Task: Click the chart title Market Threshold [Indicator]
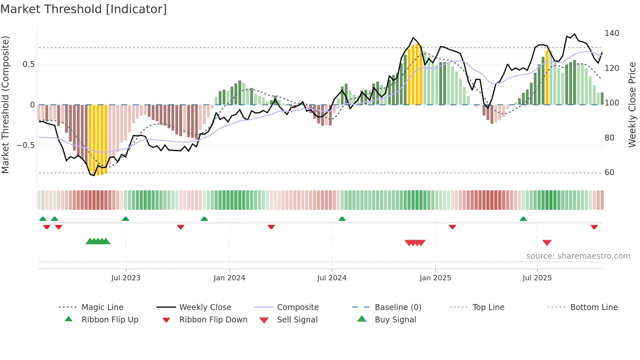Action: coord(84,9)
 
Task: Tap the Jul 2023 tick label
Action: coord(126,278)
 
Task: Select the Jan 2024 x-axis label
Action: coord(229,278)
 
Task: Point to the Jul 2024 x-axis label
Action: coord(332,278)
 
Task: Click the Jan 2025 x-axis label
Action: coord(435,278)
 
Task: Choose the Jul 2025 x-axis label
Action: coord(537,278)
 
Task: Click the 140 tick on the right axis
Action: coord(612,33)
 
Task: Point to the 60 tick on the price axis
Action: coord(609,172)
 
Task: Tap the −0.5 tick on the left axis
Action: coord(25,145)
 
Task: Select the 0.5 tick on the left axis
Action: coord(29,64)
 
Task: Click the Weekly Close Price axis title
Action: coord(632,105)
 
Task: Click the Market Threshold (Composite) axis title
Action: coord(5,105)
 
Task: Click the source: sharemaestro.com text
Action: coord(578,256)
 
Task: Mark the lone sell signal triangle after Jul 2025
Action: coord(547,243)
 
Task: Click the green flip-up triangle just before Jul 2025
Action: coord(523,219)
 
